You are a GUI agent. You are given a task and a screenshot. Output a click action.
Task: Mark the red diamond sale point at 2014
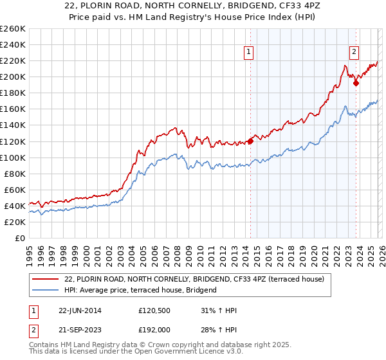coord(250,141)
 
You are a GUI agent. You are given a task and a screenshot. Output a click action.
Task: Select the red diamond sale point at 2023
coord(356,83)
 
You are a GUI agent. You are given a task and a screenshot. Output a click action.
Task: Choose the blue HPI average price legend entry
coord(141,291)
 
